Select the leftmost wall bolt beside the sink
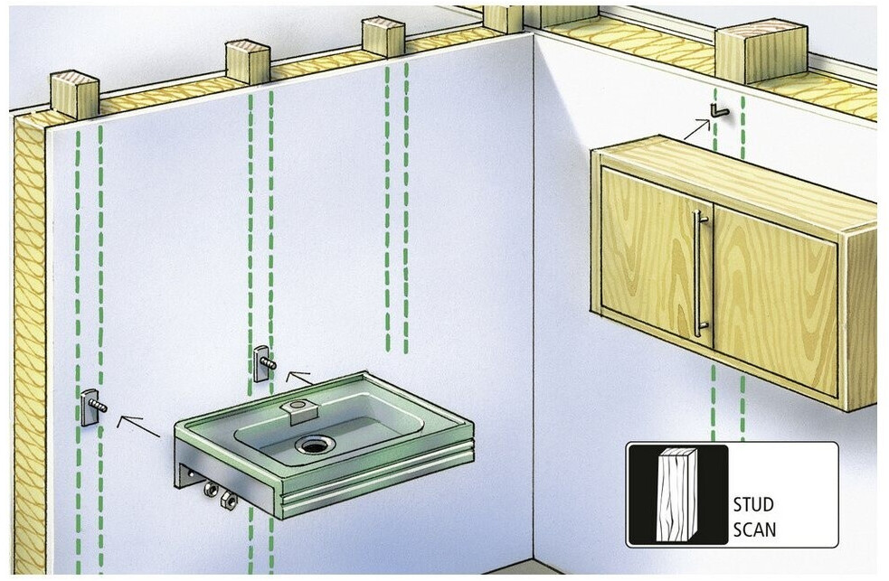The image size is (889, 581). coord(95,407)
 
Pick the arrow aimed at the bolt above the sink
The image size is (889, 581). coord(298,376)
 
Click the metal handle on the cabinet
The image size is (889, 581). coord(697,273)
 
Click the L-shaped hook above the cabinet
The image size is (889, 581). coord(718,111)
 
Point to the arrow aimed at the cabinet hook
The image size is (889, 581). coord(696,128)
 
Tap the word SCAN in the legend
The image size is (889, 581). coord(753,529)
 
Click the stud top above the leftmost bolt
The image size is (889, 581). coord(74,94)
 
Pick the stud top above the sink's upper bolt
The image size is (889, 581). coord(247,61)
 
